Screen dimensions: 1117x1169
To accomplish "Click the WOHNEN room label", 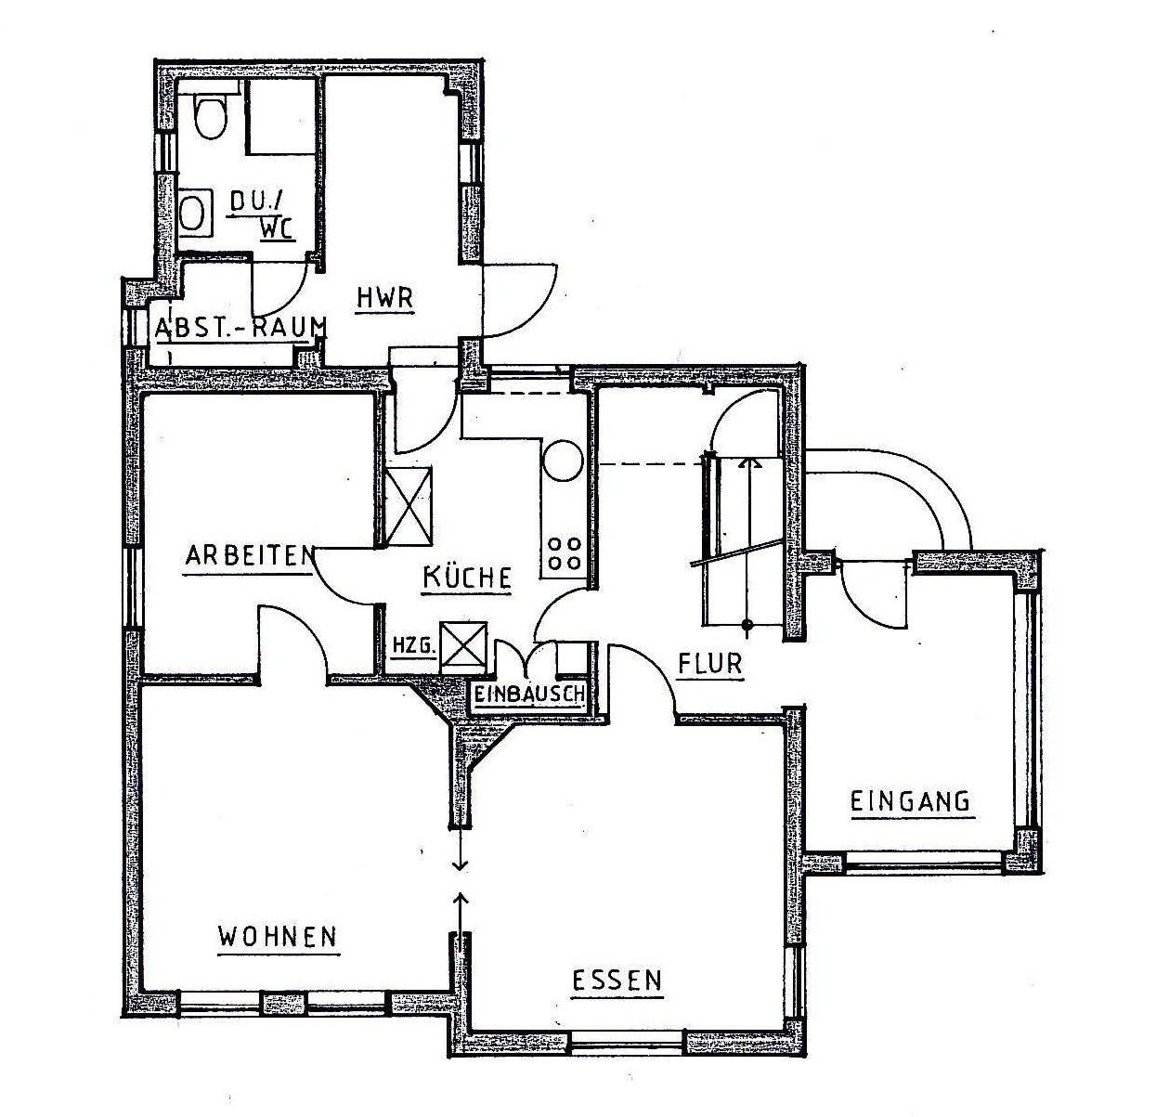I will pos(278,936).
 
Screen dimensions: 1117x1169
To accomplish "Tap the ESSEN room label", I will pos(617,981).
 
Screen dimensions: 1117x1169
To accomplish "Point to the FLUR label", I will pos(710,665).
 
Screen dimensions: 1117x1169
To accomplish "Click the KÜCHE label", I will pos(467,578).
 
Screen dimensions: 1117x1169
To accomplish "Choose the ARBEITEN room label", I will pos(247,556).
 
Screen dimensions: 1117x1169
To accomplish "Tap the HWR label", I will pos(383,299).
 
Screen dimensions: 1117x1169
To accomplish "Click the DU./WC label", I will pos(263,214).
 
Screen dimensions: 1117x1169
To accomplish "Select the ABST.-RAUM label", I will pos(240,328).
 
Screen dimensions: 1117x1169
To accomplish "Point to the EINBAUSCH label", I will pos(529,694).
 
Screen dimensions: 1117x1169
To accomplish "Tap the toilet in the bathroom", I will pos(212,114).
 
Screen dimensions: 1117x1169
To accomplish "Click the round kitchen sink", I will pos(563,461).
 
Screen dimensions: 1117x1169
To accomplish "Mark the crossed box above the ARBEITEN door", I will pos(409,507).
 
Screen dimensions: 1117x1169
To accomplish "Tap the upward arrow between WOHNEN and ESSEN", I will pos(460,905).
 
